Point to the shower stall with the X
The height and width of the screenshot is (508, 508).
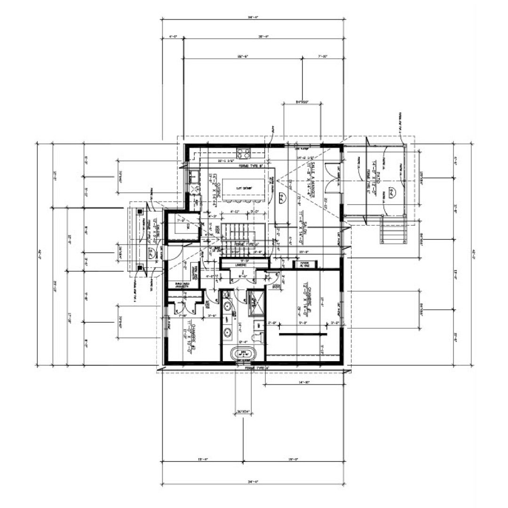click(256, 299)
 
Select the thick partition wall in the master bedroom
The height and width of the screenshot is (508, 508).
click(302, 334)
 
